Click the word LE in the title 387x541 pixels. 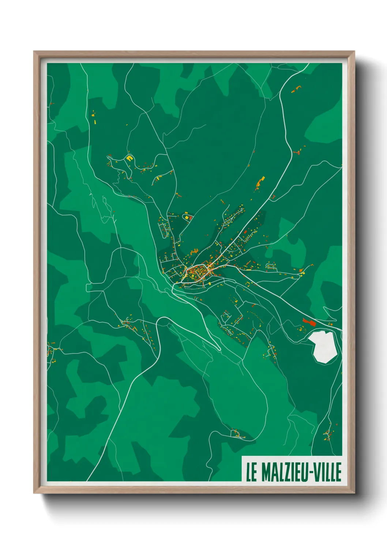pyautogui.click(x=252, y=472)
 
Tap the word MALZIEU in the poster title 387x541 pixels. pyautogui.click(x=285, y=472)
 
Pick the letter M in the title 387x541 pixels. pyautogui.click(x=266, y=472)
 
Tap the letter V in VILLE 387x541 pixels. pyautogui.click(x=317, y=472)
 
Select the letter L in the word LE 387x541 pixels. pyautogui.click(x=249, y=472)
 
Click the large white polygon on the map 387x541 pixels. pyautogui.click(x=323, y=345)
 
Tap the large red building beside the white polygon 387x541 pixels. pyautogui.click(x=309, y=322)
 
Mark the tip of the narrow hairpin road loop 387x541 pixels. pyautogui.click(x=219, y=349)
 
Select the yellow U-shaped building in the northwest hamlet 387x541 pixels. pyautogui.click(x=129, y=158)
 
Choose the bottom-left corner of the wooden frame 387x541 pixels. pyautogui.click(x=34, y=492)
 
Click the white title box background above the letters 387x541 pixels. pyautogui.click(x=293, y=459)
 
